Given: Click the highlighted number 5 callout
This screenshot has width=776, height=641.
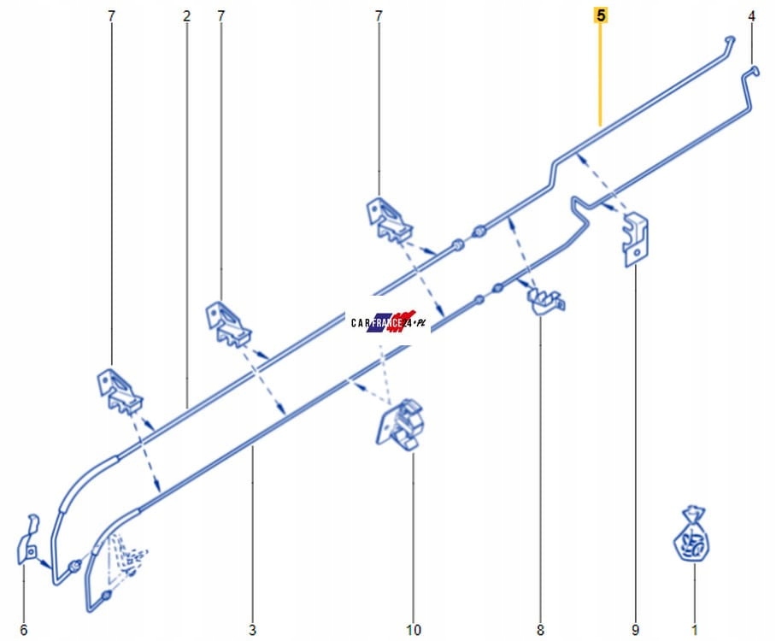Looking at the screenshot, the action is (601, 16).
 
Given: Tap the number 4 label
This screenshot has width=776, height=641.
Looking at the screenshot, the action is (752, 16).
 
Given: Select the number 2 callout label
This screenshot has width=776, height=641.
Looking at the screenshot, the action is (186, 16).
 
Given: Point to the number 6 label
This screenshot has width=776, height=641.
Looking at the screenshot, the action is (23, 630).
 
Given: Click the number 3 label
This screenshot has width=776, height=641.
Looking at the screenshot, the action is (252, 630).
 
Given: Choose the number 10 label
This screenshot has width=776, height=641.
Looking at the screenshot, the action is (414, 630).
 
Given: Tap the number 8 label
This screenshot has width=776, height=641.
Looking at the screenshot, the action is (540, 630).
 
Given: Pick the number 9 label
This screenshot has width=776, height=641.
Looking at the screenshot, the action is (635, 630).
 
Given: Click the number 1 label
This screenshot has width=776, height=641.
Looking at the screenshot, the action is (694, 630).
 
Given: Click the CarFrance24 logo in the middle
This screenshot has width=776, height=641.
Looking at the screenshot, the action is (388, 322).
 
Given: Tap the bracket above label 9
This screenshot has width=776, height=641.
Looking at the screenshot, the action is (636, 239).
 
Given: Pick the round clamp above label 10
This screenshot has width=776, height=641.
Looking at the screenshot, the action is (401, 425).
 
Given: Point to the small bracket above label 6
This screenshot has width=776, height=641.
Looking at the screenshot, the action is (28, 539).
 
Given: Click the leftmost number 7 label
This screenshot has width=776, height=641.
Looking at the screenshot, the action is (111, 16).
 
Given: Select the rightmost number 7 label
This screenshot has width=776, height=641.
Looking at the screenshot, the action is (379, 16).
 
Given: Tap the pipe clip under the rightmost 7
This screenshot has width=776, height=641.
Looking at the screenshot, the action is (389, 220).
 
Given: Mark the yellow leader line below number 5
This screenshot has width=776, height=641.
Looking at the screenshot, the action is (600, 74).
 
